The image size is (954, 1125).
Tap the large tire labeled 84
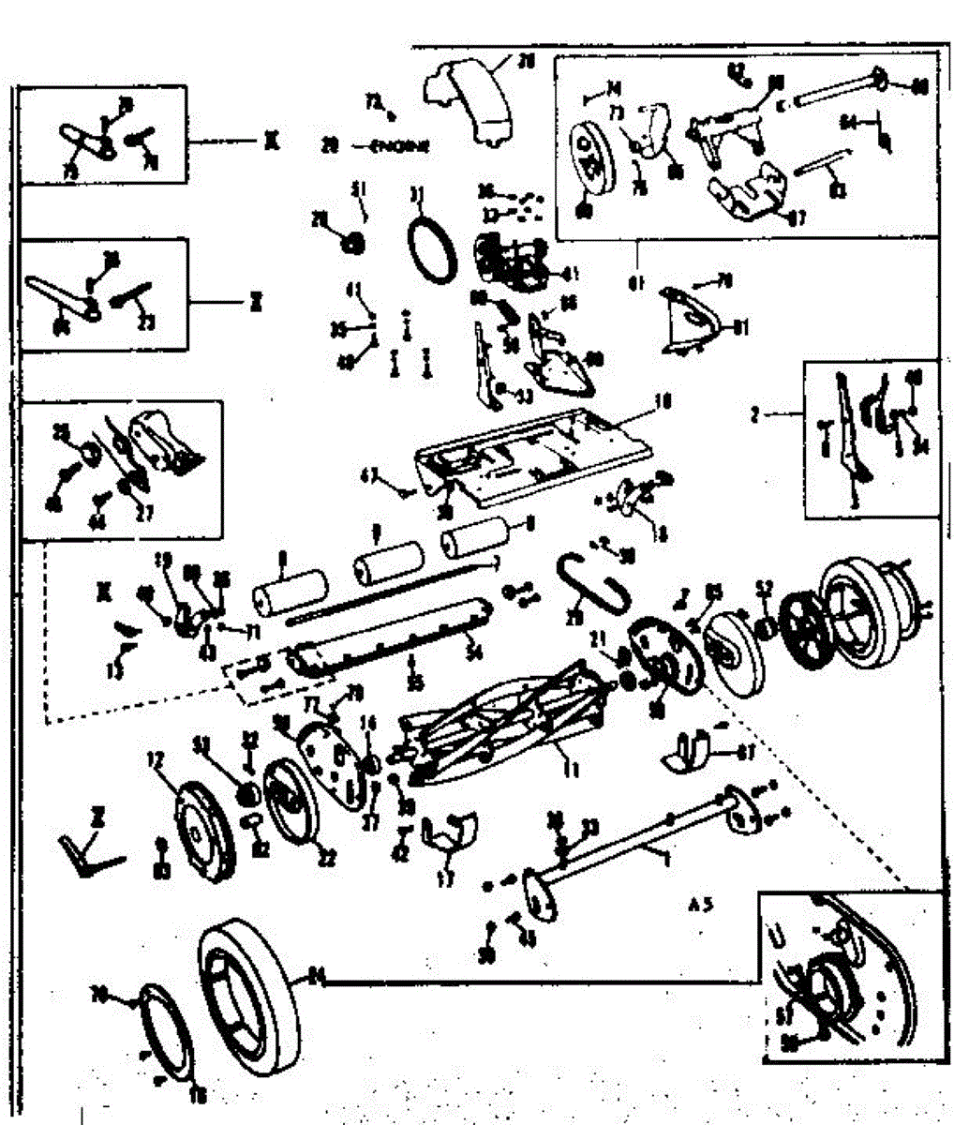coord(249,994)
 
